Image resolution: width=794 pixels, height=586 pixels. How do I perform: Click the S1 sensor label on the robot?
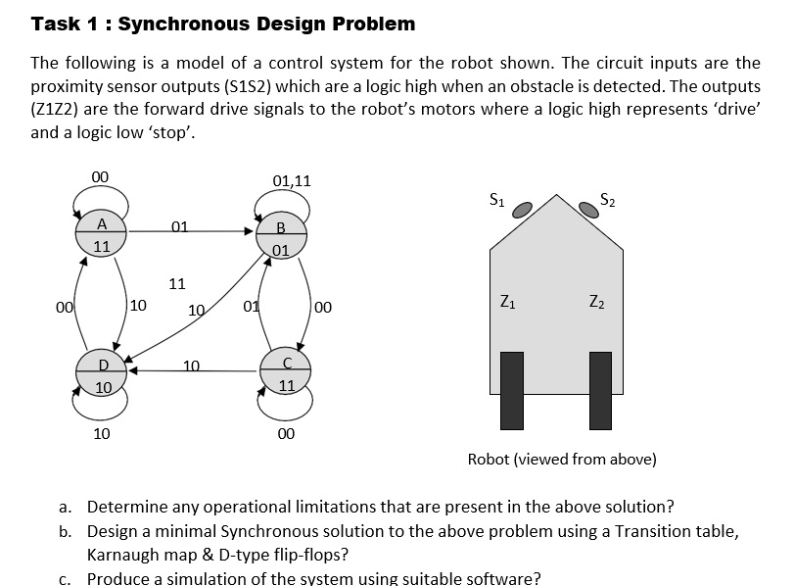(x=497, y=200)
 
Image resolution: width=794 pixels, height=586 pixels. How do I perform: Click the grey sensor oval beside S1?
(x=524, y=209)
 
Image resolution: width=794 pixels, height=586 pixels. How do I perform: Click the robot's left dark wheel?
(x=512, y=390)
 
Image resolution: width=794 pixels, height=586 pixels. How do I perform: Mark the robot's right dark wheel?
(x=600, y=390)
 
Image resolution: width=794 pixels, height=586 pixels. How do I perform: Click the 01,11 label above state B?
(x=292, y=180)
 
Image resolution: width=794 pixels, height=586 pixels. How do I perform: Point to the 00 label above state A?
(x=100, y=176)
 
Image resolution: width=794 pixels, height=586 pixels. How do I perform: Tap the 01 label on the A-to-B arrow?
(x=179, y=227)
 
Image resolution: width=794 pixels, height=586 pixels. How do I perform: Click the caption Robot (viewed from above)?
(x=562, y=459)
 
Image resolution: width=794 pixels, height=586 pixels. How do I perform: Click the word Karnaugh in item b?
(x=124, y=555)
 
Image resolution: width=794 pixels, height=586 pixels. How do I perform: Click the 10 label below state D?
(x=101, y=432)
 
